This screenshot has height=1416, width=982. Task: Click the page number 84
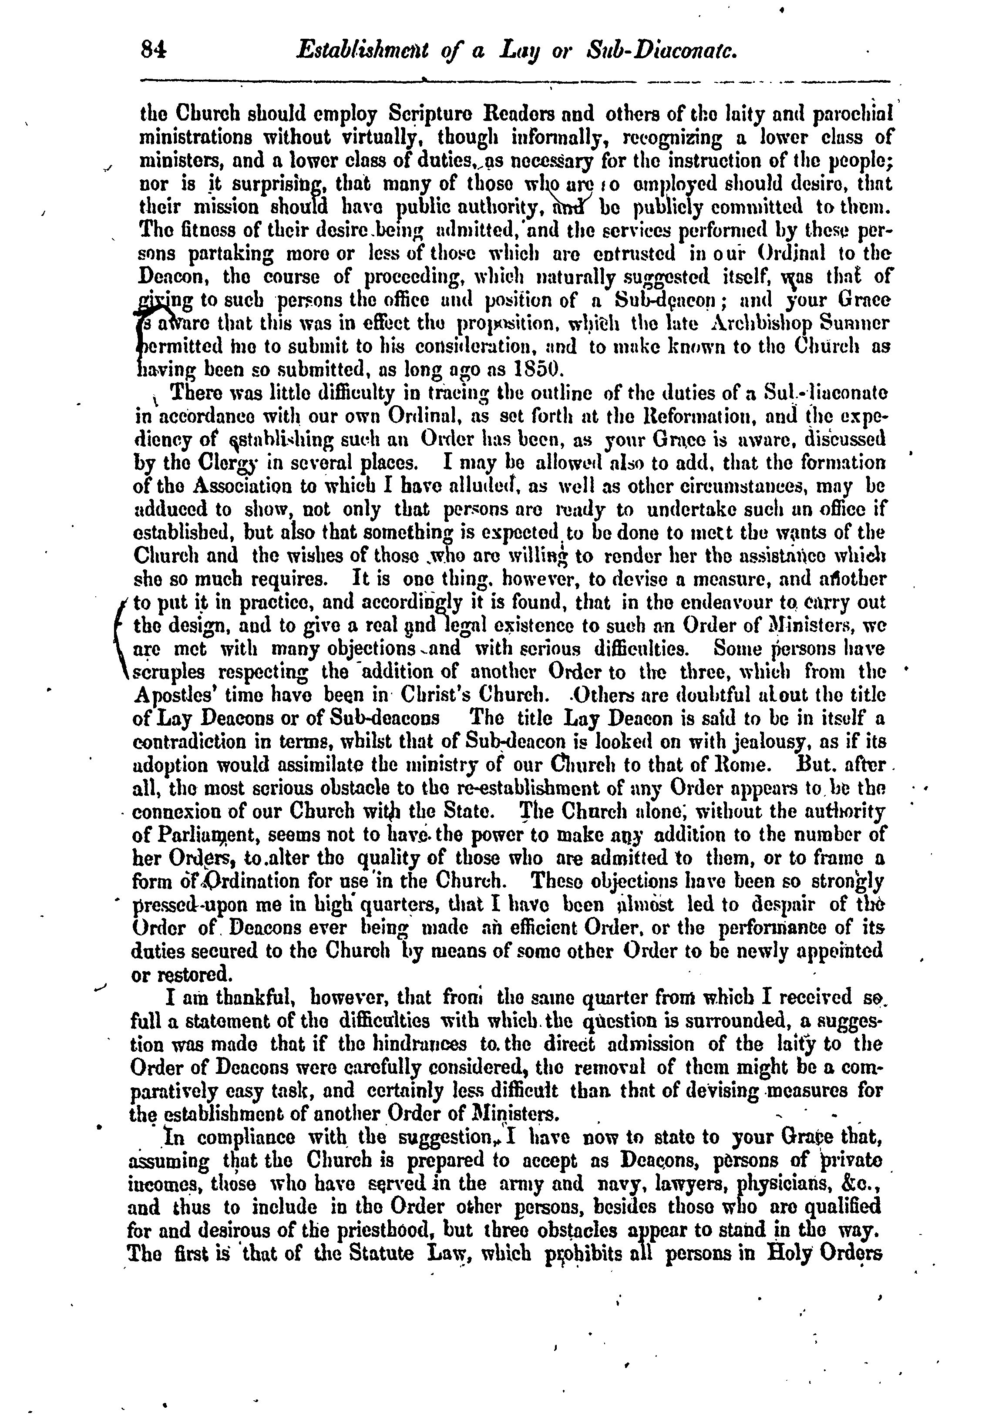pos(154,50)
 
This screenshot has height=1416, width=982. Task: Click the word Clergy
pos(207,463)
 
